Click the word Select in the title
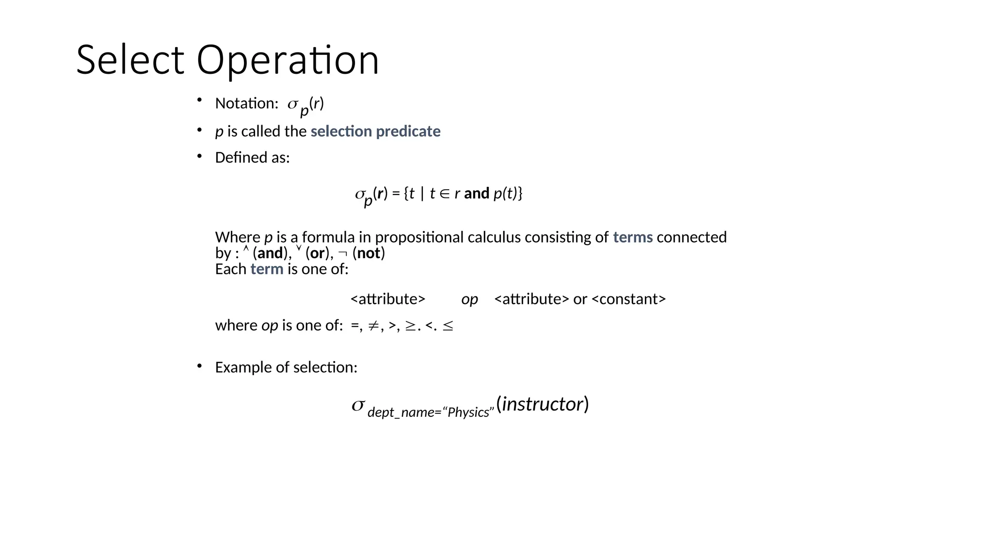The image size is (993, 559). (130, 60)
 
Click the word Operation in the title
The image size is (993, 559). (287, 60)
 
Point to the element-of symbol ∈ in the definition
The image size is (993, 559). (445, 194)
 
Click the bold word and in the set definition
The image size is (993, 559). (476, 194)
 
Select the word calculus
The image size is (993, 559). (494, 237)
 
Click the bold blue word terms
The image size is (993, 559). (632, 237)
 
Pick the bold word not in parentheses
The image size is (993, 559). (368, 253)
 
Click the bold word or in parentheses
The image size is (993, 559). (317, 253)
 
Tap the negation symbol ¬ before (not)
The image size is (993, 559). (343, 253)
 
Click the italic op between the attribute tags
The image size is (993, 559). (469, 299)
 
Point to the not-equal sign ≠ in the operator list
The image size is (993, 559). (372, 326)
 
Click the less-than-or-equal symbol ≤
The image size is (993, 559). (448, 326)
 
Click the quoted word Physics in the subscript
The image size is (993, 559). (468, 412)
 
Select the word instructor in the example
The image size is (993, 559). (542, 404)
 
